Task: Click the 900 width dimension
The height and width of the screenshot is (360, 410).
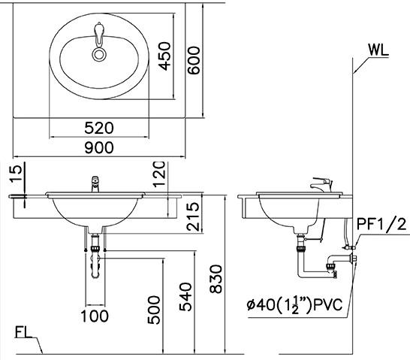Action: pyautogui.click(x=99, y=147)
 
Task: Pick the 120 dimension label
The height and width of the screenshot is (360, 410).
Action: pyautogui.click(x=158, y=174)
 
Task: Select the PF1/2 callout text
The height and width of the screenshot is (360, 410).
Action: pyautogui.click(x=381, y=222)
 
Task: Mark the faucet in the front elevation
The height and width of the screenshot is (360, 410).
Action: pyautogui.click(x=95, y=183)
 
